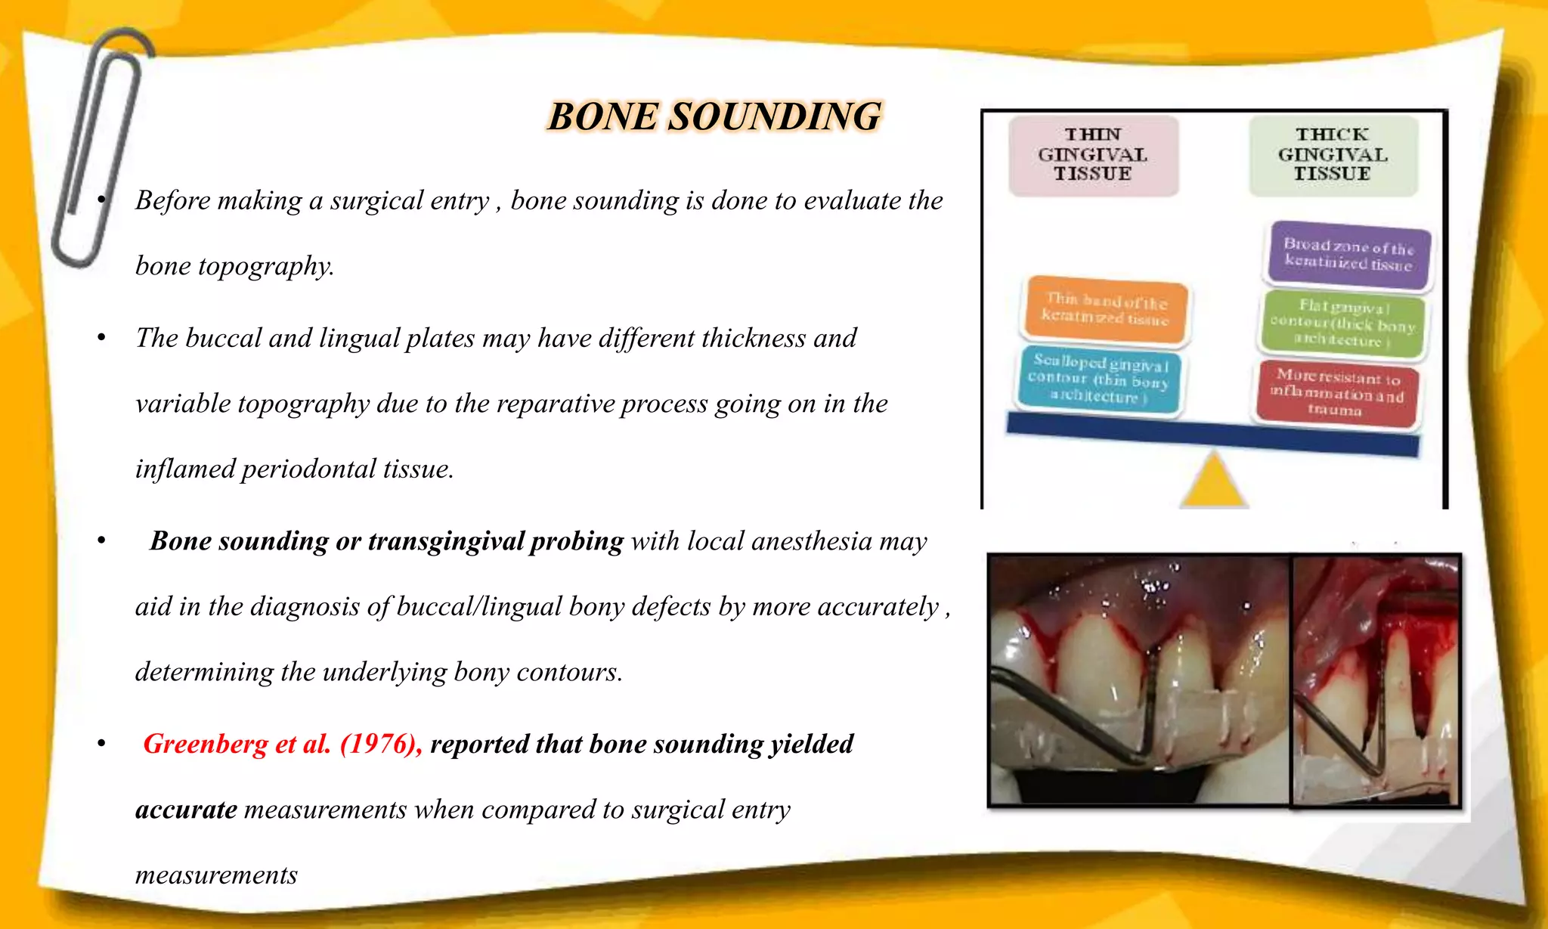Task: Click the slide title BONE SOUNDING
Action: [714, 117]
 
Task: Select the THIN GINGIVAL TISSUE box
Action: [1093, 155]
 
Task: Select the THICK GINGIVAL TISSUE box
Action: [1333, 155]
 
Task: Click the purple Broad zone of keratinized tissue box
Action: [1348, 255]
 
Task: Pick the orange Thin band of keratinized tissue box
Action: [1105, 309]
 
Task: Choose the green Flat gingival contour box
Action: [1342, 324]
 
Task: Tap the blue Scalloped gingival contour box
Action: [1101, 379]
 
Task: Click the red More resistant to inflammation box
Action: [1336, 393]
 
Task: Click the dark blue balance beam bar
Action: [1212, 435]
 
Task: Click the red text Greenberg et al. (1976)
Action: [282, 745]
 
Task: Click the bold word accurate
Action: [186, 810]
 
